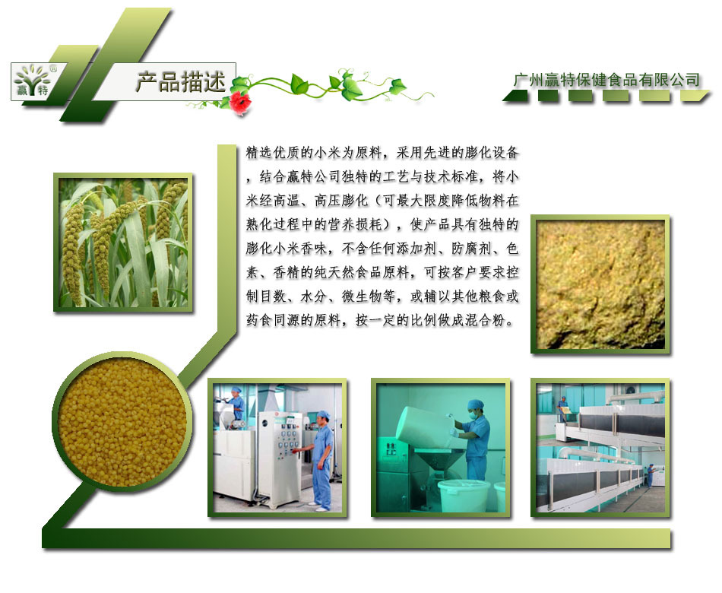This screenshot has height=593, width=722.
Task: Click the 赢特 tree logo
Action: coord(32,81)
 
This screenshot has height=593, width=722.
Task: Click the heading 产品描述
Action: coord(181,82)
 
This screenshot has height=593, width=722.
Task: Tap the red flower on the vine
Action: coord(239,101)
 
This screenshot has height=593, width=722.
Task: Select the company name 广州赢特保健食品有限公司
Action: coord(606,80)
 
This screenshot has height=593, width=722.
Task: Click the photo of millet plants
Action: coord(123,243)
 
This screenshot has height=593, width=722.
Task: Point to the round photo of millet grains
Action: coord(122,422)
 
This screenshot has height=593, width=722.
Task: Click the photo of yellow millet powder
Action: coord(600,284)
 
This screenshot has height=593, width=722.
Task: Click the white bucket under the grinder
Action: coord(464,496)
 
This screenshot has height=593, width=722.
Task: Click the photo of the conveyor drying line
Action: coord(600,448)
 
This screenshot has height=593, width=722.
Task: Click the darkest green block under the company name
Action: coord(516,95)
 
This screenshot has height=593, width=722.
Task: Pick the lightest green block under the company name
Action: coord(695,95)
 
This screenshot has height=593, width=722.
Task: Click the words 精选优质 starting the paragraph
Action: coord(273,152)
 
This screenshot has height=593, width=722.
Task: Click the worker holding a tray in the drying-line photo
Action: coord(562,409)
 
